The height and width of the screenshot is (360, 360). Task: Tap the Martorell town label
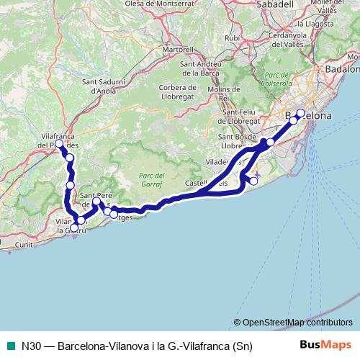tap(179, 50)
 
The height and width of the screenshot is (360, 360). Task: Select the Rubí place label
tap(232, 37)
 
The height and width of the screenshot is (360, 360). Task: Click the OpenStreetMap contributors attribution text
tap(297, 323)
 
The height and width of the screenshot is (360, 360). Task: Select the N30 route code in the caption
tap(30, 346)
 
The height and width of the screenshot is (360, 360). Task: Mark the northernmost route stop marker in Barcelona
tap(300, 113)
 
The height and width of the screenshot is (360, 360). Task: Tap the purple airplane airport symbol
tap(258, 175)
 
